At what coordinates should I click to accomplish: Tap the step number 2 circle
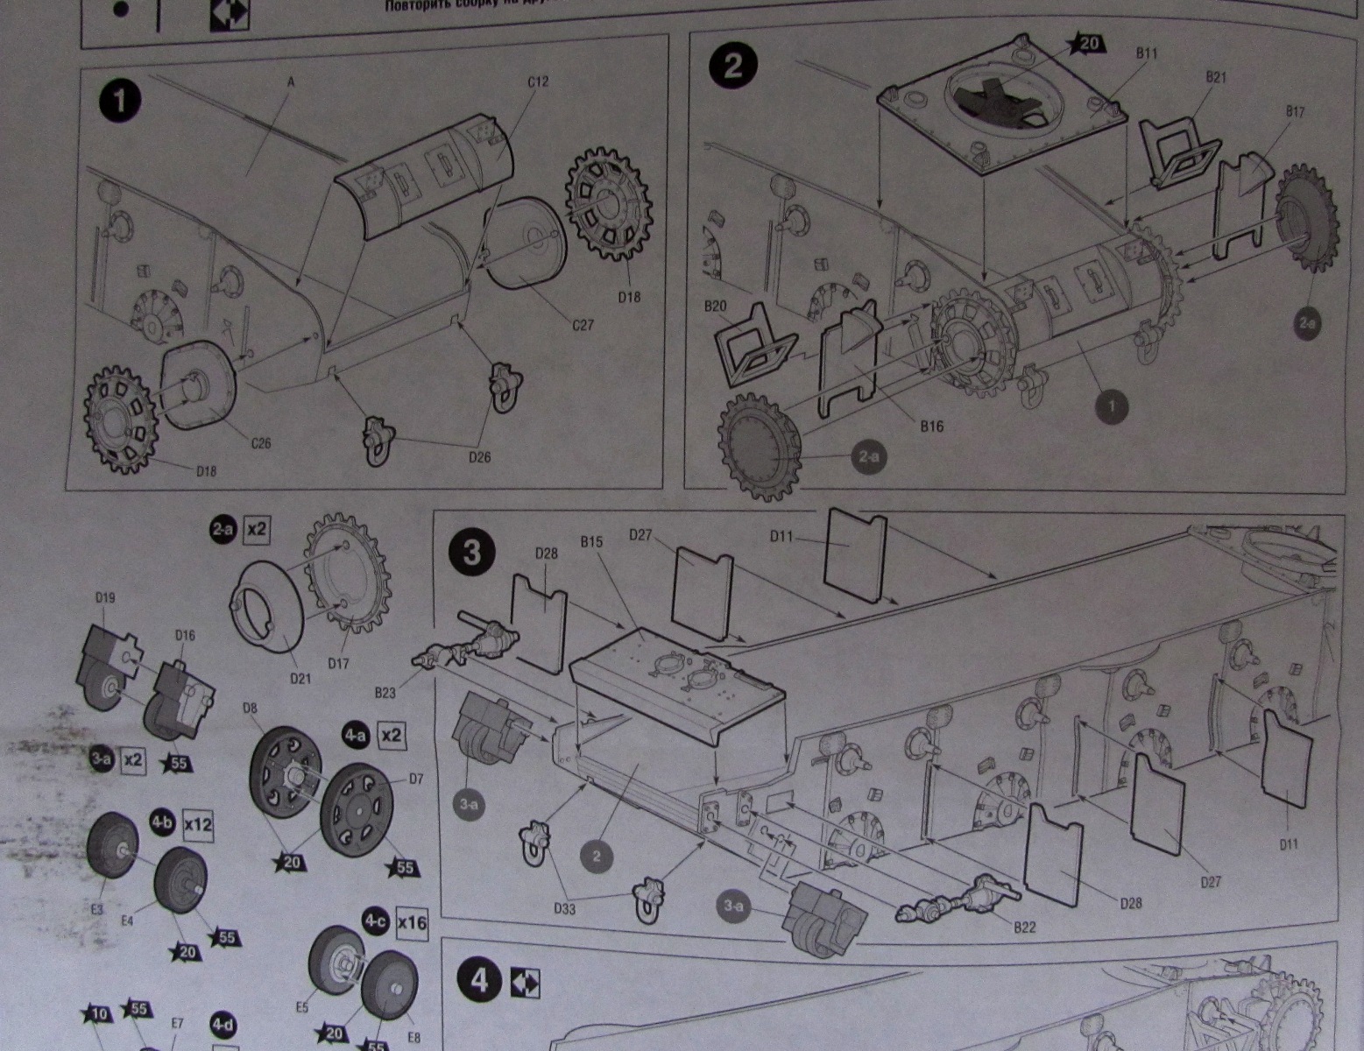click(733, 65)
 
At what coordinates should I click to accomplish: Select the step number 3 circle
click(471, 553)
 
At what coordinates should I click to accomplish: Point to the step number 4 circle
click(479, 981)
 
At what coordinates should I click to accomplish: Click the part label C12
click(538, 81)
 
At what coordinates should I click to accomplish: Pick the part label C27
click(583, 325)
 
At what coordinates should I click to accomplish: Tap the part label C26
click(261, 442)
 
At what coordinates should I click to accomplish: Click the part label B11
click(1147, 53)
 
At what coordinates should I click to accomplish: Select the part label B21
click(1216, 77)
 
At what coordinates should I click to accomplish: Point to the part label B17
click(1295, 111)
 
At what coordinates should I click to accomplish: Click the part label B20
click(716, 306)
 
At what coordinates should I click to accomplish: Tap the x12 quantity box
click(197, 824)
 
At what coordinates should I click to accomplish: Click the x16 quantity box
click(412, 923)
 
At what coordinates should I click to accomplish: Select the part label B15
click(591, 542)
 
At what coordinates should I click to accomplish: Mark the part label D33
click(565, 908)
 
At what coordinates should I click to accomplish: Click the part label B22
click(1024, 927)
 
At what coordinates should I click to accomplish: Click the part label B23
click(385, 693)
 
